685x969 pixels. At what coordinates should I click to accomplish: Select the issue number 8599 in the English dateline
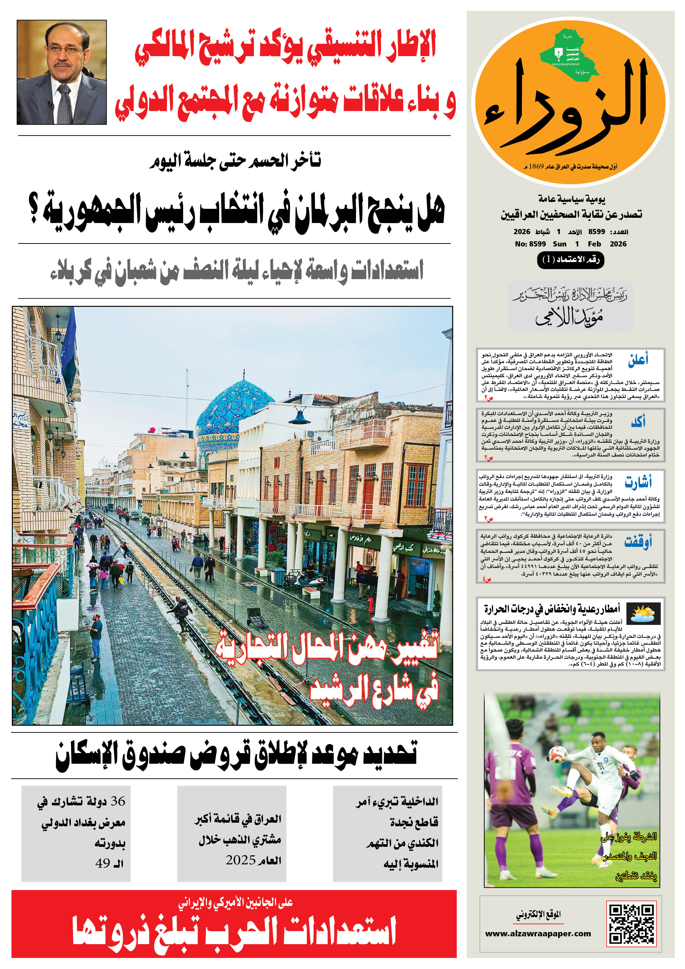(537, 244)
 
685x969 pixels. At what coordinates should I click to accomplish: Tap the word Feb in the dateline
(594, 244)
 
